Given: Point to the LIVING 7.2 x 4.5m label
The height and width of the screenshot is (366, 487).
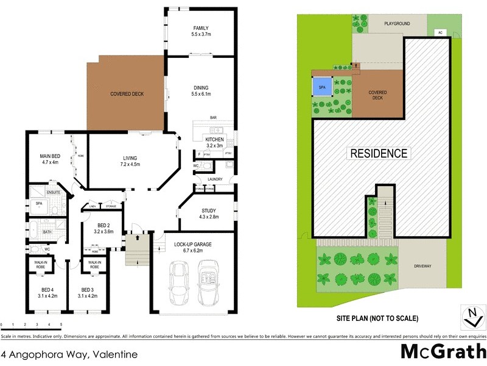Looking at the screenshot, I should [x=130, y=160].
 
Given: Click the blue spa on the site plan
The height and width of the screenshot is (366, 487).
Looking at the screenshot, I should [x=322, y=88].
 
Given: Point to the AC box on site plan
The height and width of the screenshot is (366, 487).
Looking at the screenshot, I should [x=439, y=32].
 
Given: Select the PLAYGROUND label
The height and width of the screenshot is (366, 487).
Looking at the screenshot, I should [x=397, y=24].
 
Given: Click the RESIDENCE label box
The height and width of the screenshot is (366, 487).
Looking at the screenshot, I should [x=378, y=153].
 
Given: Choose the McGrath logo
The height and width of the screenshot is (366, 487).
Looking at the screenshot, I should [x=443, y=352].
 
